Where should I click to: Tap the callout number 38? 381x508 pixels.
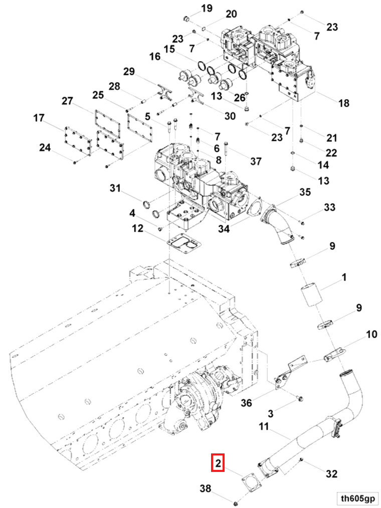[206, 488]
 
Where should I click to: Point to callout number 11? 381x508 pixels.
[264, 427]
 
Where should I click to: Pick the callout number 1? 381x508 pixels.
[344, 277]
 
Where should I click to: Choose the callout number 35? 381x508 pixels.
[305, 192]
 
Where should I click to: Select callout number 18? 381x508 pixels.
[343, 103]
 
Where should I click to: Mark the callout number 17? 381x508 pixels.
[39, 119]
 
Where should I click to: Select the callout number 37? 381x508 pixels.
[256, 161]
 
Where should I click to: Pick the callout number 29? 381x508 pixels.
[129, 72]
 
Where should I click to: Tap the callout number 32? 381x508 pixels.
[331, 473]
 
